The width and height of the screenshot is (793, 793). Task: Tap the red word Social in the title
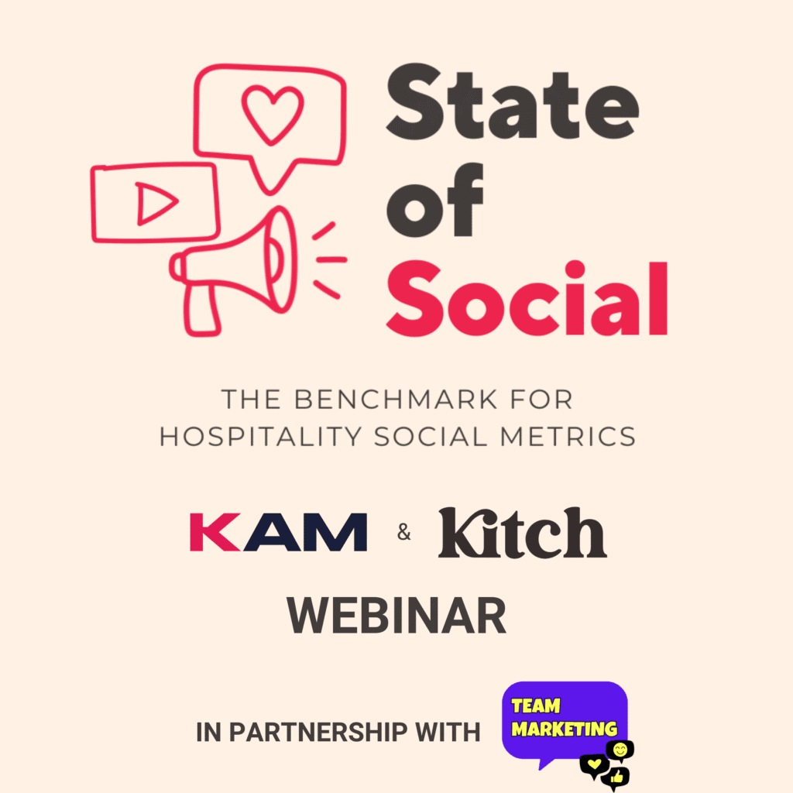click(527, 298)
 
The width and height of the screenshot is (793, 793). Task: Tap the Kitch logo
click(523, 533)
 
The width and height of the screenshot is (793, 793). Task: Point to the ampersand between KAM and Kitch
click(403, 534)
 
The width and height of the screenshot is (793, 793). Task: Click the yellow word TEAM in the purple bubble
click(536, 705)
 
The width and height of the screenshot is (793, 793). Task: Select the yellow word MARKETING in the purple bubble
click(565, 729)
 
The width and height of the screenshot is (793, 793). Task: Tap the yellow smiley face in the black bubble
click(620, 749)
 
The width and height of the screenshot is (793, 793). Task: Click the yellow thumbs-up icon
click(617, 775)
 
